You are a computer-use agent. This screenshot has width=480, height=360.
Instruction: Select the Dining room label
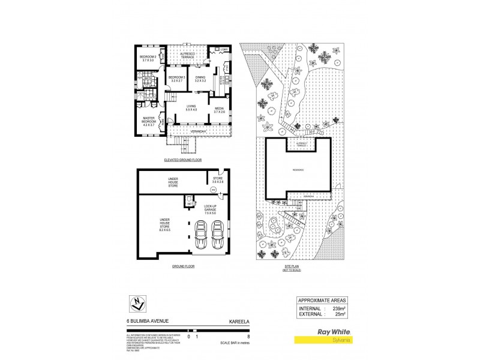pos(201,77)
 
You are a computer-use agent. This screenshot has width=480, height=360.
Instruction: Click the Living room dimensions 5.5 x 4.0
pos(192,112)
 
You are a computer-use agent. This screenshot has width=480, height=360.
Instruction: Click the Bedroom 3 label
pos(176,77)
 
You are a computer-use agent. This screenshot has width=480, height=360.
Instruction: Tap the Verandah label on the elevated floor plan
pos(198,131)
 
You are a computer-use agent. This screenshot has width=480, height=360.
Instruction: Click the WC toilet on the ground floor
pos(189,201)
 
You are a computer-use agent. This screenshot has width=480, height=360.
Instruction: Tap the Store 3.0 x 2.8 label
pos(218,180)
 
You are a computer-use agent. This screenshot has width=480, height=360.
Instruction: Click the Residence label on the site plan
pos(298,170)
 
